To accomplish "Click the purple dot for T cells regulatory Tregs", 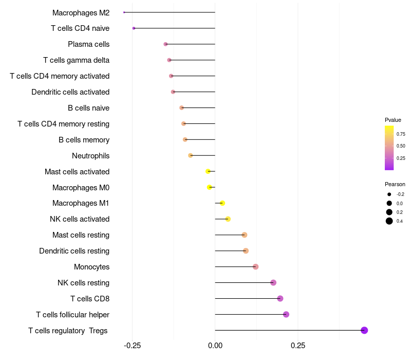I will [364, 330].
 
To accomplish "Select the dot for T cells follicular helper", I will [286, 314].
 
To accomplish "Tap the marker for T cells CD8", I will [280, 298].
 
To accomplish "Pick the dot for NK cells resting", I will [273, 282].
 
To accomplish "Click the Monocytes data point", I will [255, 266].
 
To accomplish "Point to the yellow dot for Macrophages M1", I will [222, 203].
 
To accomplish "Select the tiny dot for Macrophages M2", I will [124, 12].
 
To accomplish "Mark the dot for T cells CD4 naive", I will [134, 28].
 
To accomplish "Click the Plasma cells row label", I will [88, 44].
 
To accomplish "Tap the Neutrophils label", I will [90, 156].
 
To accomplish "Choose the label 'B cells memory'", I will [84, 140].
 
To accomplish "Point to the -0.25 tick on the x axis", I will [133, 345].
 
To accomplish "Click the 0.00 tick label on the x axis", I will [215, 345].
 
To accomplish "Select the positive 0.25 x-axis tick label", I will [298, 345].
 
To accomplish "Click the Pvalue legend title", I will [393, 120].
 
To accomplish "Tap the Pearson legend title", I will [395, 184].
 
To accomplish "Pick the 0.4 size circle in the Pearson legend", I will [389, 221].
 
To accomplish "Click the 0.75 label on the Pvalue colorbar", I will [401, 134].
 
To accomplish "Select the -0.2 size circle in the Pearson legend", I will [389, 194].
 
